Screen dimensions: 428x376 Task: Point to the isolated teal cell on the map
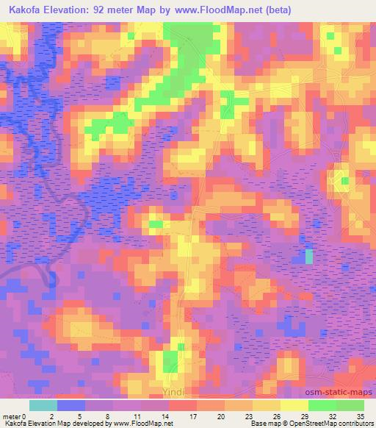point(309,256)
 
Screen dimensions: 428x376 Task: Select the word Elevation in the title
point(70,10)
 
